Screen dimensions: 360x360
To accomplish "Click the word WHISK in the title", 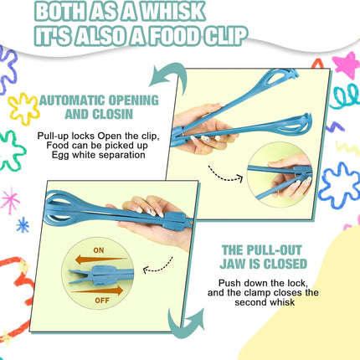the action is [x=173, y=11].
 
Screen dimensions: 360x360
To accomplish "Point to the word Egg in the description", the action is [x=59, y=155].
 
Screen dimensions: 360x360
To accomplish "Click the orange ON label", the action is [x=99, y=250].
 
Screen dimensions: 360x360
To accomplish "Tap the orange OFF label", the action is [x=102, y=301].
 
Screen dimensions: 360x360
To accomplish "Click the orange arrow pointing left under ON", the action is [x=100, y=260].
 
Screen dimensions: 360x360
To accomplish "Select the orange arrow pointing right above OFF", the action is [x=98, y=291].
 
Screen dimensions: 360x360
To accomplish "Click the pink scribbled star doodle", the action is [x=346, y=64].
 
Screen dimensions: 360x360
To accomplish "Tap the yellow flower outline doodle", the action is [x=23, y=108].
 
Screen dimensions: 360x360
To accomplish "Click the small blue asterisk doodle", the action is [x=23, y=225].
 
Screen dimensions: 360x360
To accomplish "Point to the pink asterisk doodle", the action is [x=10, y=200].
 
